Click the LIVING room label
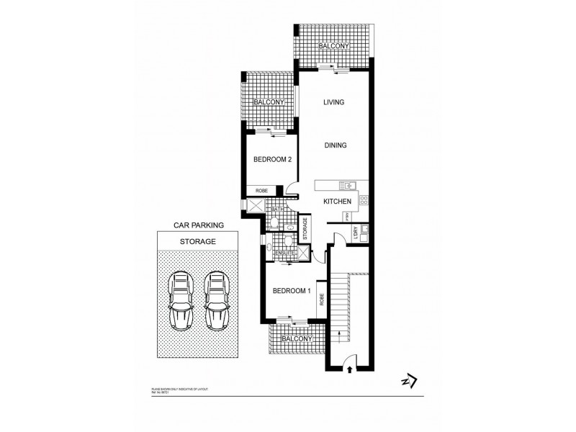(333, 102)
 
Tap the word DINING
(335, 145)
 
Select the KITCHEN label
(336, 202)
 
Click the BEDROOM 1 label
(292, 291)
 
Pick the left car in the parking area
(180, 300)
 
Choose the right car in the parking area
(216, 300)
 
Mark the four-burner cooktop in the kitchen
(364, 200)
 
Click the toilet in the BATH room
(276, 222)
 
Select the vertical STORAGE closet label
(305, 229)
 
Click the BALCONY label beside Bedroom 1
(297, 338)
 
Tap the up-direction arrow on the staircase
(336, 331)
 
